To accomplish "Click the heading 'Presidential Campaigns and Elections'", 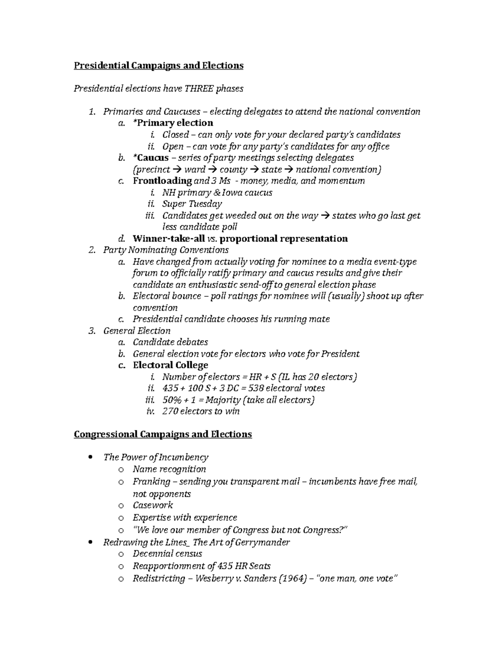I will (159, 66).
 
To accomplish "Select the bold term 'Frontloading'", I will (162, 181).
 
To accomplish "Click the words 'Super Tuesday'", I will (192, 204).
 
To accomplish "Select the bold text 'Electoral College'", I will (170, 365).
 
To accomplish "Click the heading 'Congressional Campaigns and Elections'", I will (163, 434).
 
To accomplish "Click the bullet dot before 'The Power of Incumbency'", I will (91, 457).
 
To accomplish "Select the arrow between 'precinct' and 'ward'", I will (177, 170).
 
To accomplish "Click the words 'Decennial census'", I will (167, 554).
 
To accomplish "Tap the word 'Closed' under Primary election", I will (175, 135).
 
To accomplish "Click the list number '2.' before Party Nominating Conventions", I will (92, 250).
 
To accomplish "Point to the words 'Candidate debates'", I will (170, 342).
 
